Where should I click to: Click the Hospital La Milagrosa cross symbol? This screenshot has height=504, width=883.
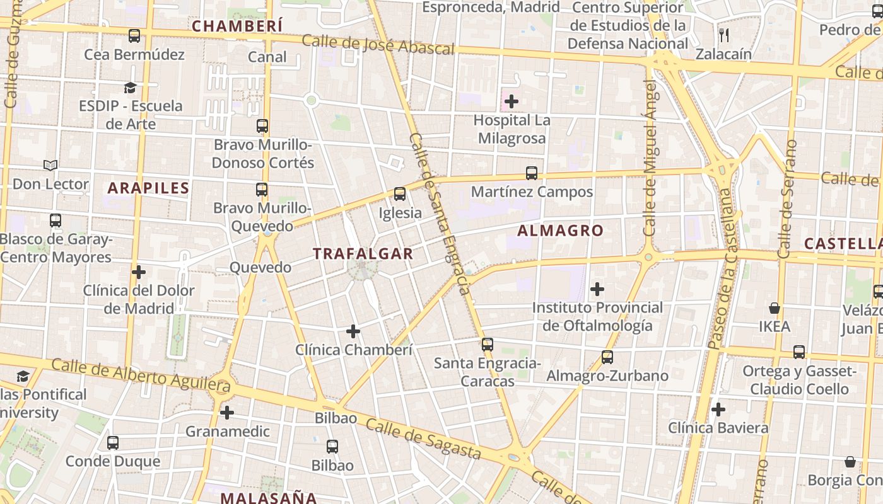coord(512,101)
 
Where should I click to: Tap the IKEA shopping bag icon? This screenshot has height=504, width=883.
coord(774,308)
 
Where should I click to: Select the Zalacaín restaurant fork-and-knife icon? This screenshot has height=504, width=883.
coord(724,35)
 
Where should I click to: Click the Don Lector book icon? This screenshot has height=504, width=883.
coord(50,165)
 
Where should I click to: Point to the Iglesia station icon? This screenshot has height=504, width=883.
coord(399,194)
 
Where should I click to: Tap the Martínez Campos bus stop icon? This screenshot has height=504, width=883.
coord(532,173)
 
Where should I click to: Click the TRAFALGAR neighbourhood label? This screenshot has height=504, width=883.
coord(363,254)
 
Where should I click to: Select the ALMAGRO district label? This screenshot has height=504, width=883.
coord(560,231)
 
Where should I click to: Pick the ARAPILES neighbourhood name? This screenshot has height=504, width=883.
coord(148,188)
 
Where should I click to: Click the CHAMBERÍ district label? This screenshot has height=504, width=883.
coord(237,26)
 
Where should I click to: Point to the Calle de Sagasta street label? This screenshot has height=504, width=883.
coord(423,439)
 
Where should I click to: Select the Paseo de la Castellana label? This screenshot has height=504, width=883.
coord(721,268)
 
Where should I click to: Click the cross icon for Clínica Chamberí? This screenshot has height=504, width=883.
coord(353,331)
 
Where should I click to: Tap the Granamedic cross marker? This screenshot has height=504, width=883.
coord(227,413)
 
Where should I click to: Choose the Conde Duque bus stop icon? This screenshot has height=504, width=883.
coord(113,443)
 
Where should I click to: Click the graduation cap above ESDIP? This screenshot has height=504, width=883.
coord(130,87)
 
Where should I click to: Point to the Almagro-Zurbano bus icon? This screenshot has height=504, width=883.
coord(607,357)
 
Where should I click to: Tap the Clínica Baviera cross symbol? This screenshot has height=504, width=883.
coord(718,409)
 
